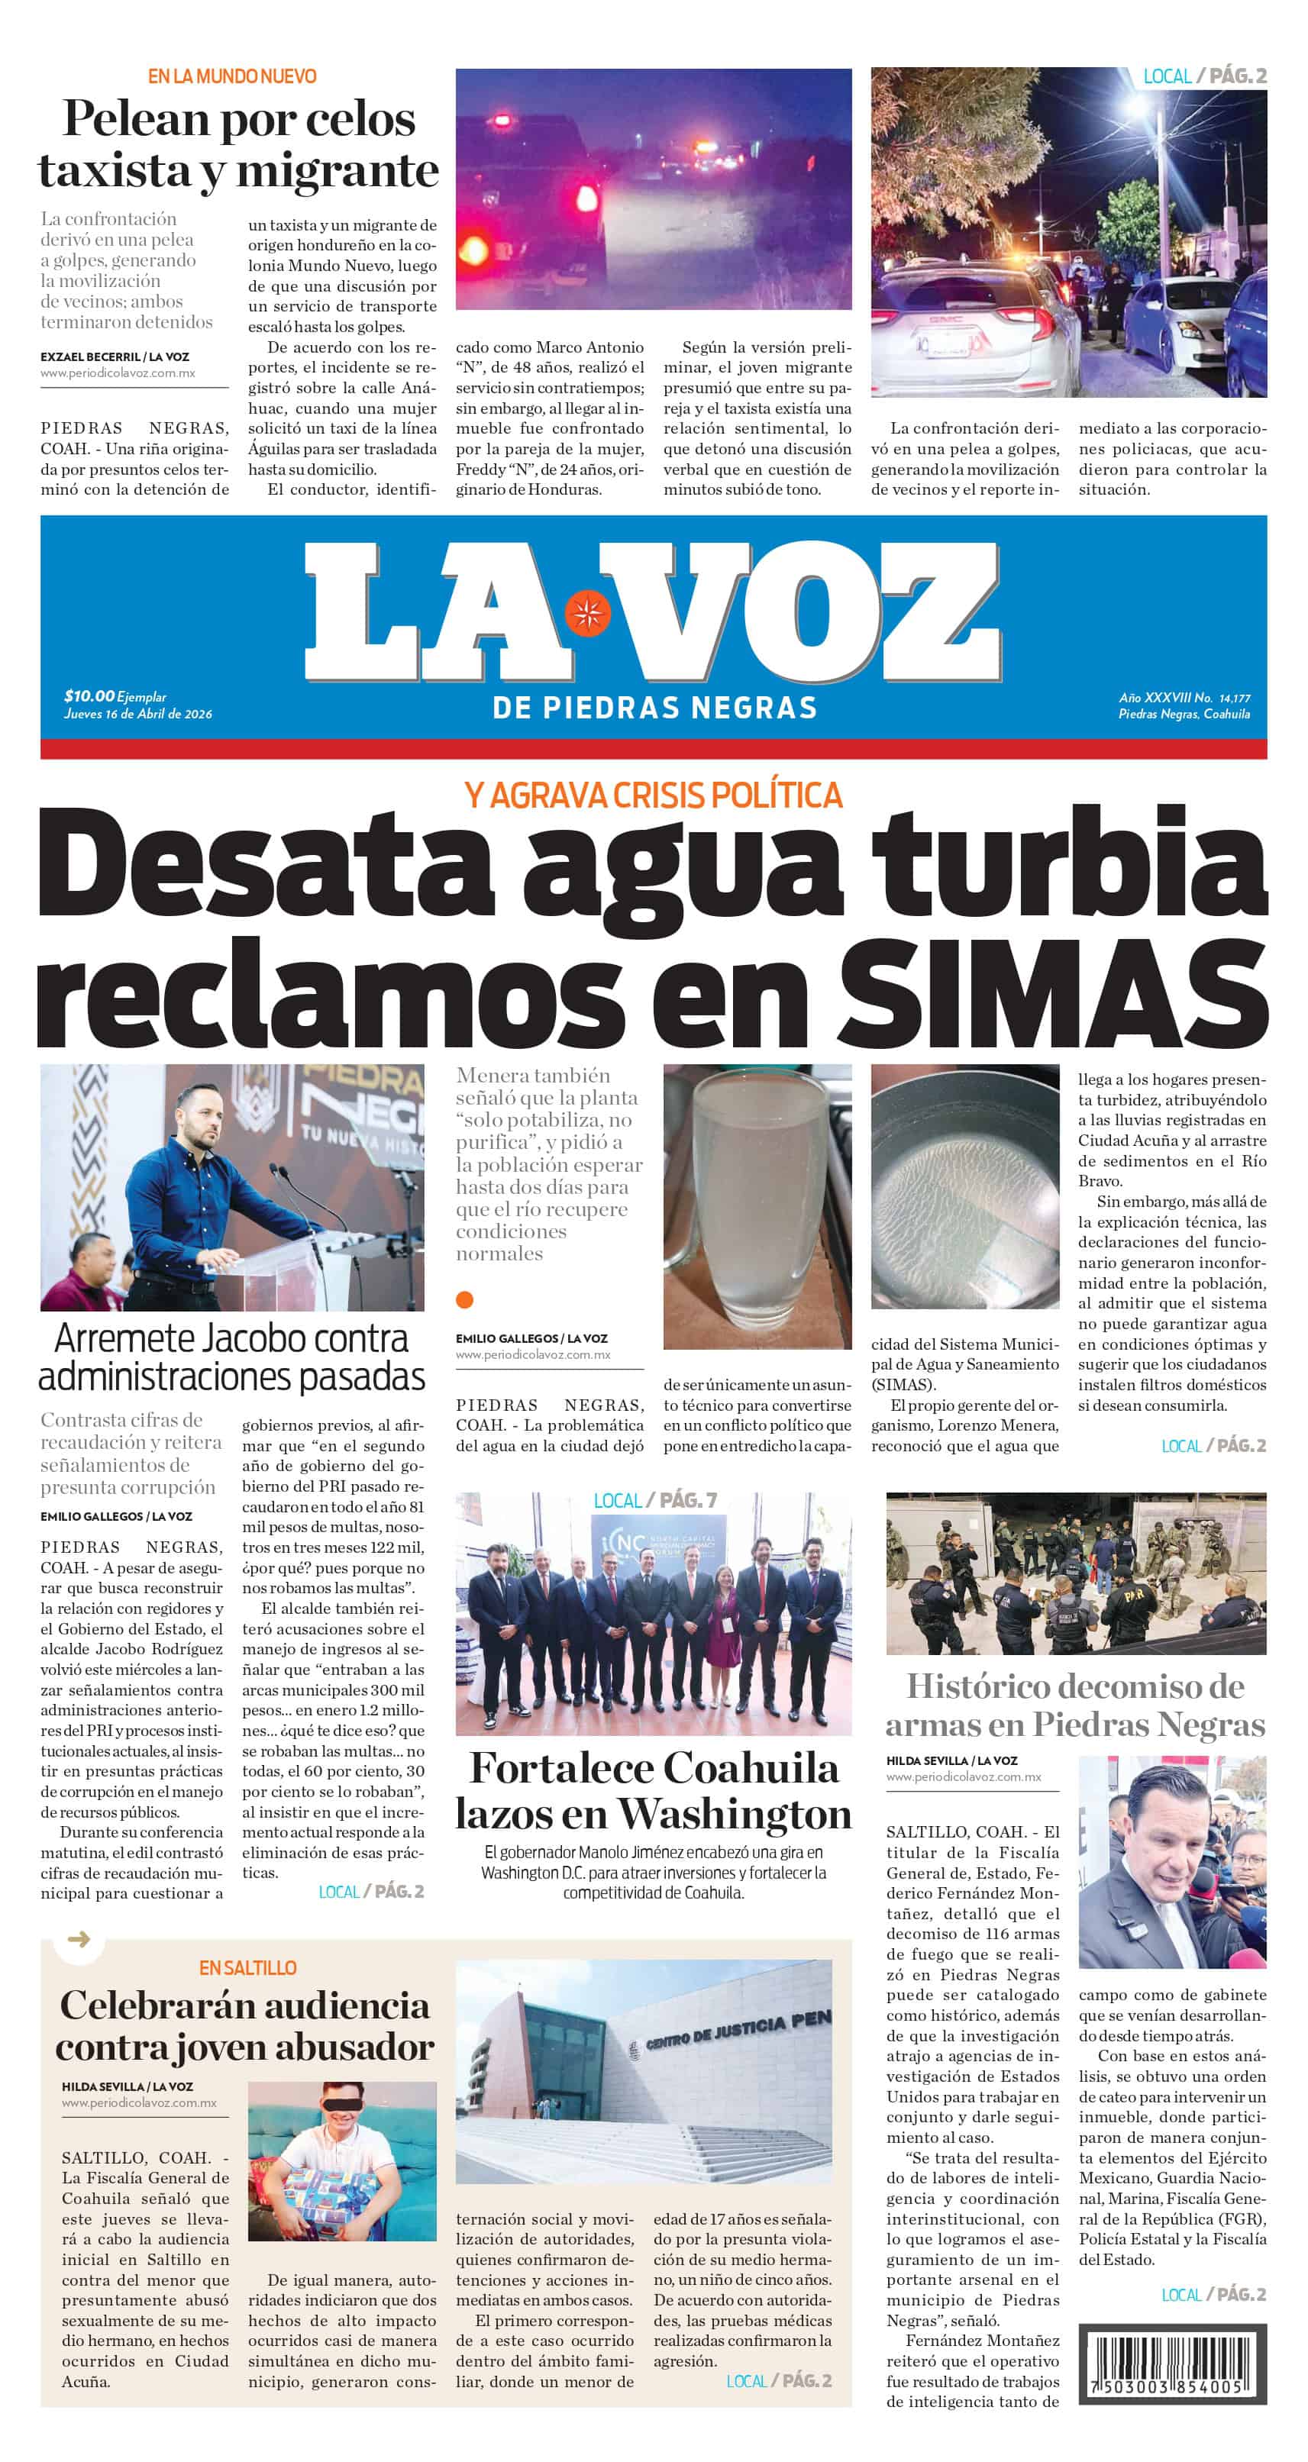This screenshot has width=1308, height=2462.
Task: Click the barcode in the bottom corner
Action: click(x=1171, y=2364)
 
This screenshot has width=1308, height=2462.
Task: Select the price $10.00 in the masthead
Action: click(x=89, y=695)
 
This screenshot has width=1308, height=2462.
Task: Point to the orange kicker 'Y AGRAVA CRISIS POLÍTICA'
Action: click(x=653, y=795)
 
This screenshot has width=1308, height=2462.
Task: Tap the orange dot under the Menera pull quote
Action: click(x=465, y=1299)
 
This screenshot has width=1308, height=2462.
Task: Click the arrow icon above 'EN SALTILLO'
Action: click(x=79, y=1939)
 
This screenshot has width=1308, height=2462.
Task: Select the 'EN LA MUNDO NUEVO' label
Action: click(x=231, y=76)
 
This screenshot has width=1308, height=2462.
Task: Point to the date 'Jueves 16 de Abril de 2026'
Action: click(x=137, y=714)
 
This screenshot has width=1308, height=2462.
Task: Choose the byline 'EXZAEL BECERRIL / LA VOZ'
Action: click(x=115, y=357)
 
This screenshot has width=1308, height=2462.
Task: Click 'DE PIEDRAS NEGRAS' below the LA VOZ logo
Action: click(x=654, y=708)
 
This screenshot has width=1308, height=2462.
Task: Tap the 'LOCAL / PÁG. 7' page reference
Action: click(x=654, y=1501)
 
